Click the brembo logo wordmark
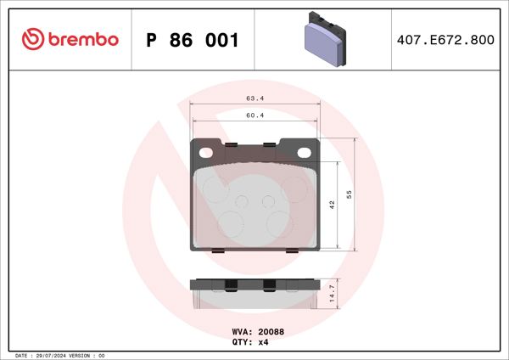81,39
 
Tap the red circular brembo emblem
32,39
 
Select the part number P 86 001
193,40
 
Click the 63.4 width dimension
255,98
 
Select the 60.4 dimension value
255,115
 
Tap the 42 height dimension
333,205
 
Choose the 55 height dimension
350,194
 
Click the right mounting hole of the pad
305,151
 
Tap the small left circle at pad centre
241,202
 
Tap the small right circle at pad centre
268,202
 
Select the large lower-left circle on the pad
231,222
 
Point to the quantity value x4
263,342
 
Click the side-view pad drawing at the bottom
255,293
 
